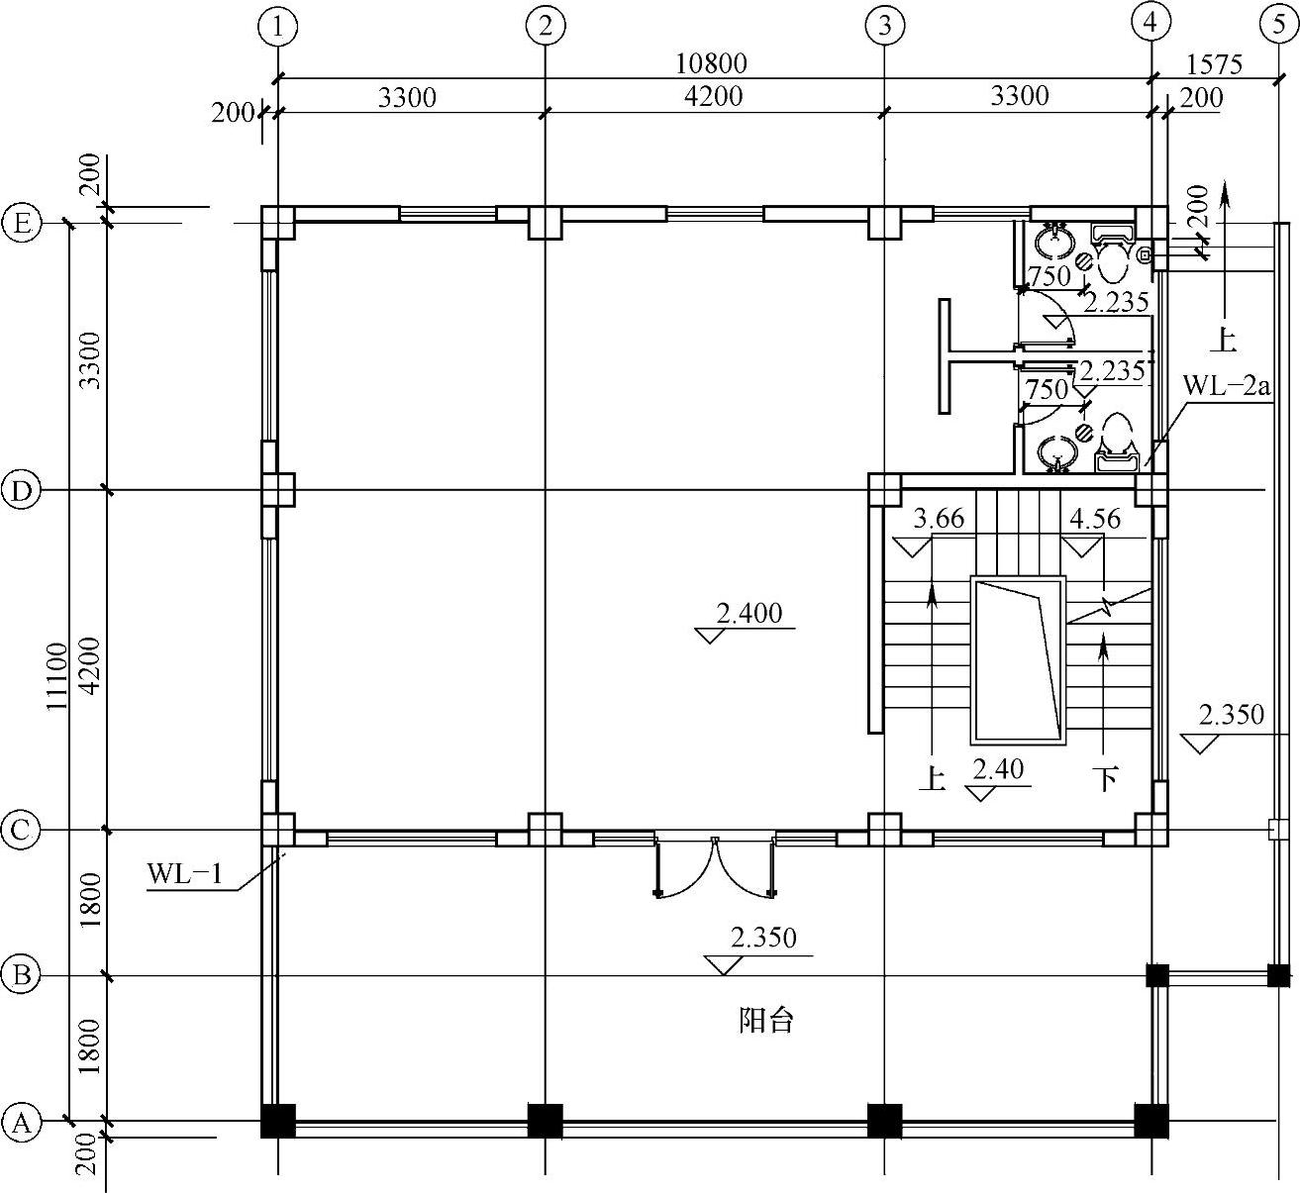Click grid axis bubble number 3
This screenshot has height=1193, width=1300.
pyautogui.click(x=884, y=27)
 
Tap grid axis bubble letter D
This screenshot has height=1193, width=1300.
pyautogui.click(x=21, y=490)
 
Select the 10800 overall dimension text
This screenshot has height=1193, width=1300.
pyautogui.click(x=711, y=63)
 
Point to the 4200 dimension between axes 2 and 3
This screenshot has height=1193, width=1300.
pyautogui.click(x=714, y=96)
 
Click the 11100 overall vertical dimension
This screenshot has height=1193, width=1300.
pyautogui.click(x=56, y=676)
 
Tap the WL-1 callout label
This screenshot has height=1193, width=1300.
pyautogui.click(x=185, y=874)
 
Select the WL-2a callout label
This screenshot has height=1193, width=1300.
pyautogui.click(x=1226, y=386)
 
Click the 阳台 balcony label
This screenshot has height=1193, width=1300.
pyautogui.click(x=766, y=1021)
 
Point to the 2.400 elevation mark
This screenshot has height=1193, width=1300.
pyautogui.click(x=750, y=613)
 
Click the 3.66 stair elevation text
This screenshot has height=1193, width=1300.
pyautogui.click(x=939, y=519)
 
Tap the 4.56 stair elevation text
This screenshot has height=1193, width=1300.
pyautogui.click(x=1095, y=519)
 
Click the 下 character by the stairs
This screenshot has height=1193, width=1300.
pyautogui.click(x=1106, y=778)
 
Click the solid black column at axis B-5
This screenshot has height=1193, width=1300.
pyautogui.click(x=1278, y=976)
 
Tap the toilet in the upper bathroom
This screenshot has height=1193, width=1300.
pyautogui.click(x=1113, y=255)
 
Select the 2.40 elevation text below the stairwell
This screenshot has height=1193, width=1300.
pyautogui.click(x=998, y=769)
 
